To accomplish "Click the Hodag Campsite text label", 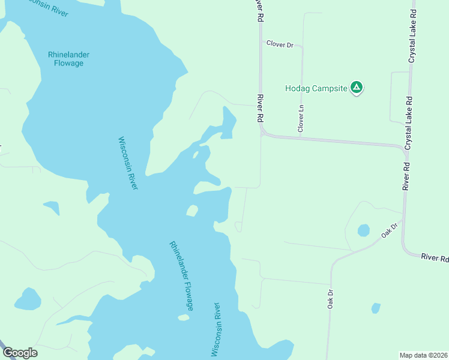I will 316,89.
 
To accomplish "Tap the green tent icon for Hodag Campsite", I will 357,88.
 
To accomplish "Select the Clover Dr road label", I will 280,44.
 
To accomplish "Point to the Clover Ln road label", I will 301,118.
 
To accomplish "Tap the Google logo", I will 20,353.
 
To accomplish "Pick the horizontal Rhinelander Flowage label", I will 69,59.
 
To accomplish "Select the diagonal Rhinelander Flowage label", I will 181,275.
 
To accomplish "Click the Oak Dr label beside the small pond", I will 389,231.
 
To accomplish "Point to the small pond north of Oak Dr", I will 363,230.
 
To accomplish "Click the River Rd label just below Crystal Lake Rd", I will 407,176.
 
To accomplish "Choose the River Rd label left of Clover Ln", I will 261,109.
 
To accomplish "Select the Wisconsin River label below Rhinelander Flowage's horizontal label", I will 128,164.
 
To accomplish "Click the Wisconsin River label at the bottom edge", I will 217,329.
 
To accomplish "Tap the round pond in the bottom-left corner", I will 27,299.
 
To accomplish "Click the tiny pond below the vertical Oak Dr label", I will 376,308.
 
